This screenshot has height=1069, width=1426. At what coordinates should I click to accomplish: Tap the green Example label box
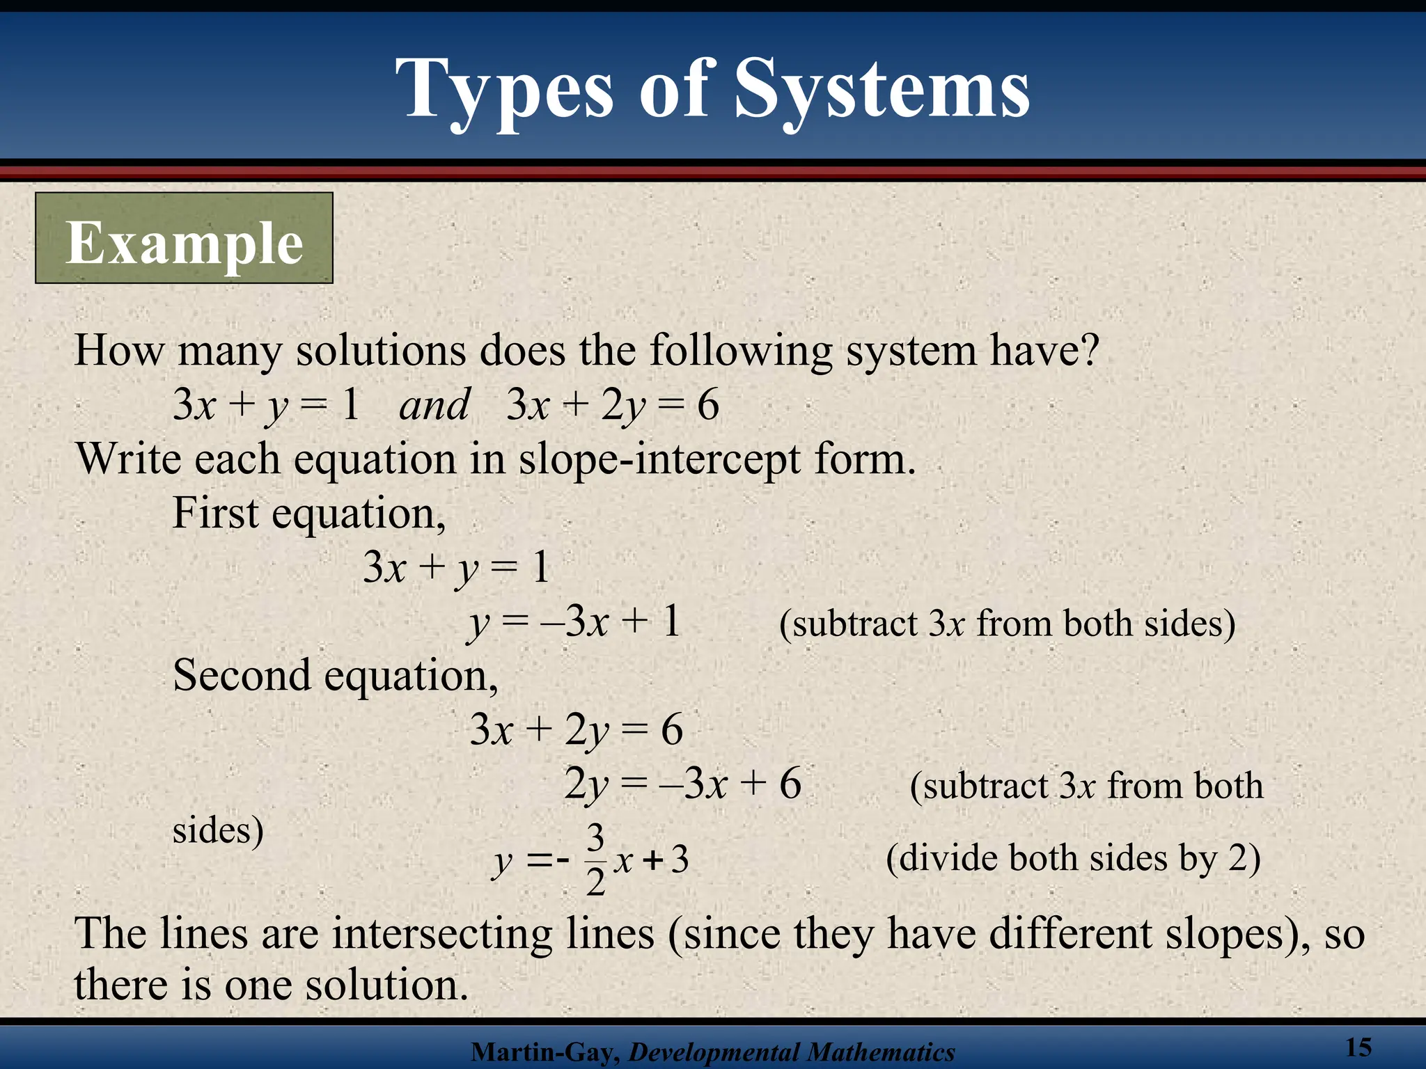(184, 239)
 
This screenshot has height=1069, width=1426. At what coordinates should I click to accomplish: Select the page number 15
(1358, 1047)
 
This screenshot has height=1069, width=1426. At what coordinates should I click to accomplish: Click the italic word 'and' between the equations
(434, 405)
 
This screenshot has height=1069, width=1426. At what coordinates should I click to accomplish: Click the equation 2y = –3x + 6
(682, 784)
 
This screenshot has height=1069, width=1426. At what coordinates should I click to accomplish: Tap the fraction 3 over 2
(595, 860)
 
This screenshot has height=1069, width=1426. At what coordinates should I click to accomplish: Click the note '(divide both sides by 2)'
(1073, 858)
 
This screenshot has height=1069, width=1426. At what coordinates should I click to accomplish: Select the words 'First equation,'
(308, 514)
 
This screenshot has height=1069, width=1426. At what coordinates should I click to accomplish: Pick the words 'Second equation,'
(335, 676)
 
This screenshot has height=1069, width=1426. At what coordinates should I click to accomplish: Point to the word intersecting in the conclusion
(441, 933)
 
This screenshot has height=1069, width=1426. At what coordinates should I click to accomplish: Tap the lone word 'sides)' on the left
(218, 830)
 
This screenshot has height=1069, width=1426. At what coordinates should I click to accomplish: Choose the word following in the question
(741, 351)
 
